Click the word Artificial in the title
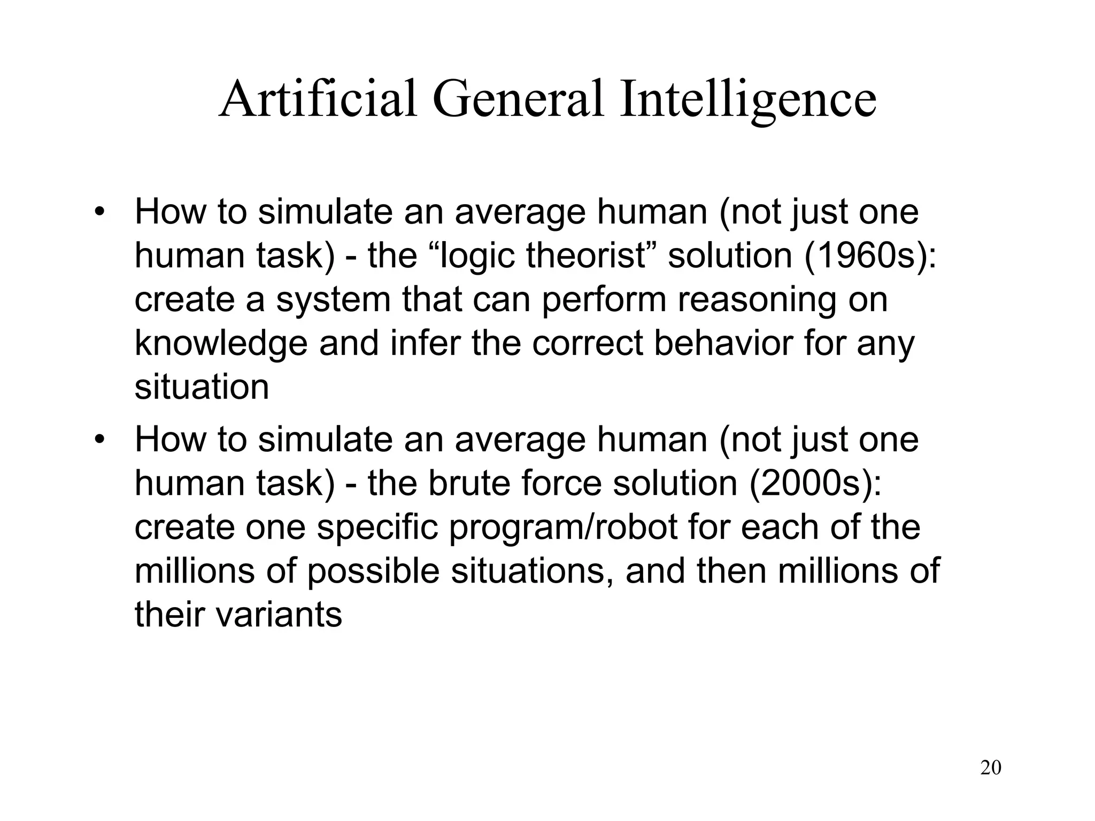click(x=318, y=99)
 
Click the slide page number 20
click(x=991, y=768)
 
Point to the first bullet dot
click(x=99, y=212)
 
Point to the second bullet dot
click(x=99, y=440)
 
